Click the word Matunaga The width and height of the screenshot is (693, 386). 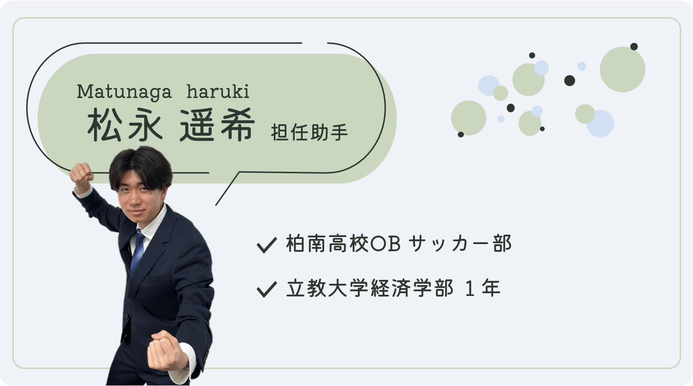pos(124,92)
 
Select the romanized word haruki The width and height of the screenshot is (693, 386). pos(218,91)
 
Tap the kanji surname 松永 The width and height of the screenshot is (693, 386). pos(125,125)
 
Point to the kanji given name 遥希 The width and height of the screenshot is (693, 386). pos(218,125)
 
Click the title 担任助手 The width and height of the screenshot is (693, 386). pos(309,132)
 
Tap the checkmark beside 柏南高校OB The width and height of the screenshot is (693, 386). pos(267,245)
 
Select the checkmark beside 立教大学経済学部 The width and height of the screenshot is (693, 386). pos(267,289)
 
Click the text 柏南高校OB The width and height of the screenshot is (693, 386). pos(343,244)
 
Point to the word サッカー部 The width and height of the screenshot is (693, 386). pos(460,244)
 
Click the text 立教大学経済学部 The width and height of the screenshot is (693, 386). pos(370,288)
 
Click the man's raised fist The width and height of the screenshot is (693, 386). pos(82,175)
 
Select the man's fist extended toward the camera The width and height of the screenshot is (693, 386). pos(166,350)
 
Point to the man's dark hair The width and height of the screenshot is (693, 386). pos(141,166)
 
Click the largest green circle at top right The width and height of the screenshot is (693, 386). pos(623,69)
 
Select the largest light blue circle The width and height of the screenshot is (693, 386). pos(600,124)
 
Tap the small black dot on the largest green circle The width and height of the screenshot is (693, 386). pos(634,47)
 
